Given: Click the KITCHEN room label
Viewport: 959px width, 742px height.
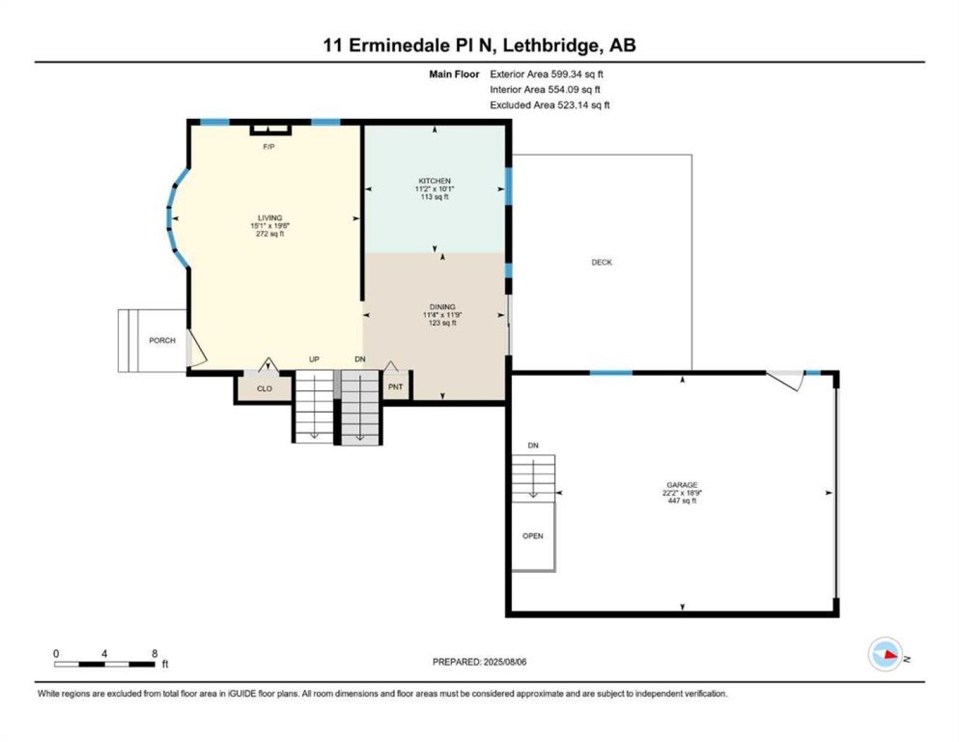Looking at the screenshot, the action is (x=434, y=181).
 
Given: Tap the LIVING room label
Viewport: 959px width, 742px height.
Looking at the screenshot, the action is (x=270, y=218).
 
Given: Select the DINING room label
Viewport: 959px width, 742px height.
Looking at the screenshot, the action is (x=442, y=307).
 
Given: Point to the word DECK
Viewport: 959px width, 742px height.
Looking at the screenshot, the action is (x=602, y=262).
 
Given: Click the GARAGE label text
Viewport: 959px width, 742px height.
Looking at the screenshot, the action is (x=682, y=484).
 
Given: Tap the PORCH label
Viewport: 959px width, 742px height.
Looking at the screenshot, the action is (x=162, y=340).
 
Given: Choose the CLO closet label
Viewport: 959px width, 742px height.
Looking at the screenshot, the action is (x=264, y=388).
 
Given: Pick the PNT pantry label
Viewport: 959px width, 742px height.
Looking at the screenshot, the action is (x=396, y=387).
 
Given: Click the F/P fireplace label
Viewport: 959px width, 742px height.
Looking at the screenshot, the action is (x=269, y=146).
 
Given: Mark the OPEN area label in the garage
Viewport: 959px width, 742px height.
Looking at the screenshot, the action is (x=532, y=536).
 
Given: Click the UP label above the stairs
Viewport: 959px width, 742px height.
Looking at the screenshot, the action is (x=314, y=359).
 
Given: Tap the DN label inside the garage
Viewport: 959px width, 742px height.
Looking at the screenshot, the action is (x=533, y=445).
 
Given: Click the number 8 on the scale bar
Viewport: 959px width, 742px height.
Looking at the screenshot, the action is (x=155, y=654).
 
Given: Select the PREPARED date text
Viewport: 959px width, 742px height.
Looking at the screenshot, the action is (x=479, y=662).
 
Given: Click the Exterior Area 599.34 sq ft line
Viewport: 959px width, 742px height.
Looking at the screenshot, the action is (x=546, y=74).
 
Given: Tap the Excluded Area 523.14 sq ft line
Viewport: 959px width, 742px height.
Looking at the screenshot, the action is (x=550, y=105).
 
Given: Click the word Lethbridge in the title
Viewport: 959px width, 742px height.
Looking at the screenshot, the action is (x=552, y=45).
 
